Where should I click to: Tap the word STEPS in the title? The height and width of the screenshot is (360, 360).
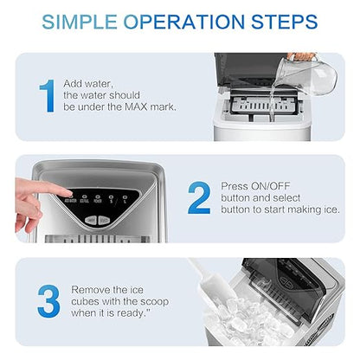279,21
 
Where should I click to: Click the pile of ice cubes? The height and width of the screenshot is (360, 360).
260,320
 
